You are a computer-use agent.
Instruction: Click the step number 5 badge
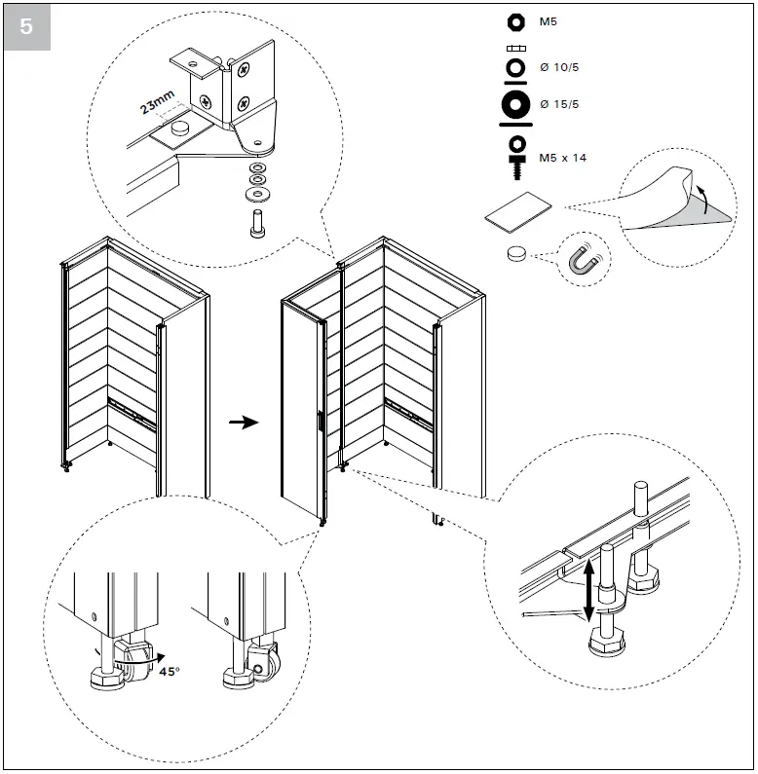(x=26, y=26)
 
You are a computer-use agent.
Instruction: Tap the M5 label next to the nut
(x=548, y=21)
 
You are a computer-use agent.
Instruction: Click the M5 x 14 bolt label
(x=562, y=157)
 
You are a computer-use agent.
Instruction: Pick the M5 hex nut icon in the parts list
(x=515, y=21)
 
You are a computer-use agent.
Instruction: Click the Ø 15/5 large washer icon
(x=515, y=104)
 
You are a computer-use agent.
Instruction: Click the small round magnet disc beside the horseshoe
(x=516, y=253)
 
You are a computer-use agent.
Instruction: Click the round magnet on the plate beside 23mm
(x=179, y=128)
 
